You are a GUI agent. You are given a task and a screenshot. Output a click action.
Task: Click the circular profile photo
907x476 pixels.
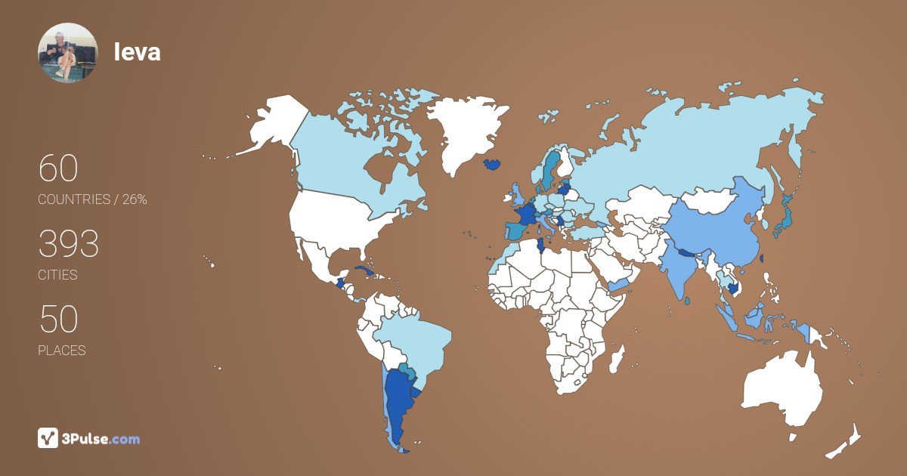(68, 53)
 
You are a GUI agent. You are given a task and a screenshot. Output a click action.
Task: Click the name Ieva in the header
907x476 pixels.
(137, 52)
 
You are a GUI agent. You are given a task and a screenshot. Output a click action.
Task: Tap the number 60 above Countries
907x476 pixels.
(58, 168)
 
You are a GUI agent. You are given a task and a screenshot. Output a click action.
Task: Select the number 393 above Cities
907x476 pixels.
(69, 243)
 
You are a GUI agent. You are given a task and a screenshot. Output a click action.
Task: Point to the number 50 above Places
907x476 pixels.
(58, 319)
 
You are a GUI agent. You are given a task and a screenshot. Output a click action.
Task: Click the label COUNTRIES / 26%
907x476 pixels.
(92, 200)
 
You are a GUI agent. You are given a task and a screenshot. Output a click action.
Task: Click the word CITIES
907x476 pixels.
(57, 275)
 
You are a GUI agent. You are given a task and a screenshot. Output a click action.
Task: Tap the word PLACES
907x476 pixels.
(61, 351)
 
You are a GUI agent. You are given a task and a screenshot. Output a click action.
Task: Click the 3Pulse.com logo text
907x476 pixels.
(101, 438)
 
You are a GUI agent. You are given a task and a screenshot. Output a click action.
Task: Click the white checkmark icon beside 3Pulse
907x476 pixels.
(48, 437)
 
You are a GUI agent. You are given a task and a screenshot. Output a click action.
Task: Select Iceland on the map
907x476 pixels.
(492, 164)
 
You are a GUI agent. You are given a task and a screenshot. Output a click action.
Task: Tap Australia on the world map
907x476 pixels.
(782, 389)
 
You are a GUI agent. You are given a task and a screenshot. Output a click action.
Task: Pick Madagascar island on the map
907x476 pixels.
(617, 357)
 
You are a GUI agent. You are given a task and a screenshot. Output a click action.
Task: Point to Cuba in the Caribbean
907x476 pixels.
(366, 271)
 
